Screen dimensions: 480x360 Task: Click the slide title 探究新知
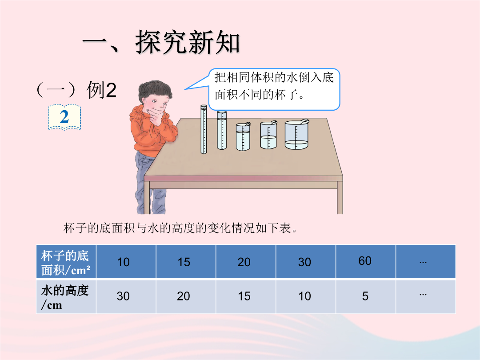[x=188, y=42]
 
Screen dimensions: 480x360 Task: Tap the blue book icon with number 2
[x=64, y=117]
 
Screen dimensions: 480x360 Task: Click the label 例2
[x=101, y=90]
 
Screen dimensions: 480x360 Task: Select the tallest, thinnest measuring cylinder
[x=204, y=129]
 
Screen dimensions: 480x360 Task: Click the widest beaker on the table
[x=296, y=135]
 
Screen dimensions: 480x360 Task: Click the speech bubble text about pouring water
[x=274, y=86]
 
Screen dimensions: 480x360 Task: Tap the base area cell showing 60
[x=365, y=261]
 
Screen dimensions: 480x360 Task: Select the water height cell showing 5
[x=365, y=296]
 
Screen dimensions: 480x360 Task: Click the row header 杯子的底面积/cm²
[x=66, y=262]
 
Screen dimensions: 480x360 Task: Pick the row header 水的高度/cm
[x=66, y=296]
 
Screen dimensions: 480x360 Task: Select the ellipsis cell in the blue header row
[x=425, y=262]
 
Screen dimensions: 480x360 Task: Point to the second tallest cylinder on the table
[x=222, y=130]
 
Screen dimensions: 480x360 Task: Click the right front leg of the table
[x=340, y=197]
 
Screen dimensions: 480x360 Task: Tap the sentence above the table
[x=180, y=228]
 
